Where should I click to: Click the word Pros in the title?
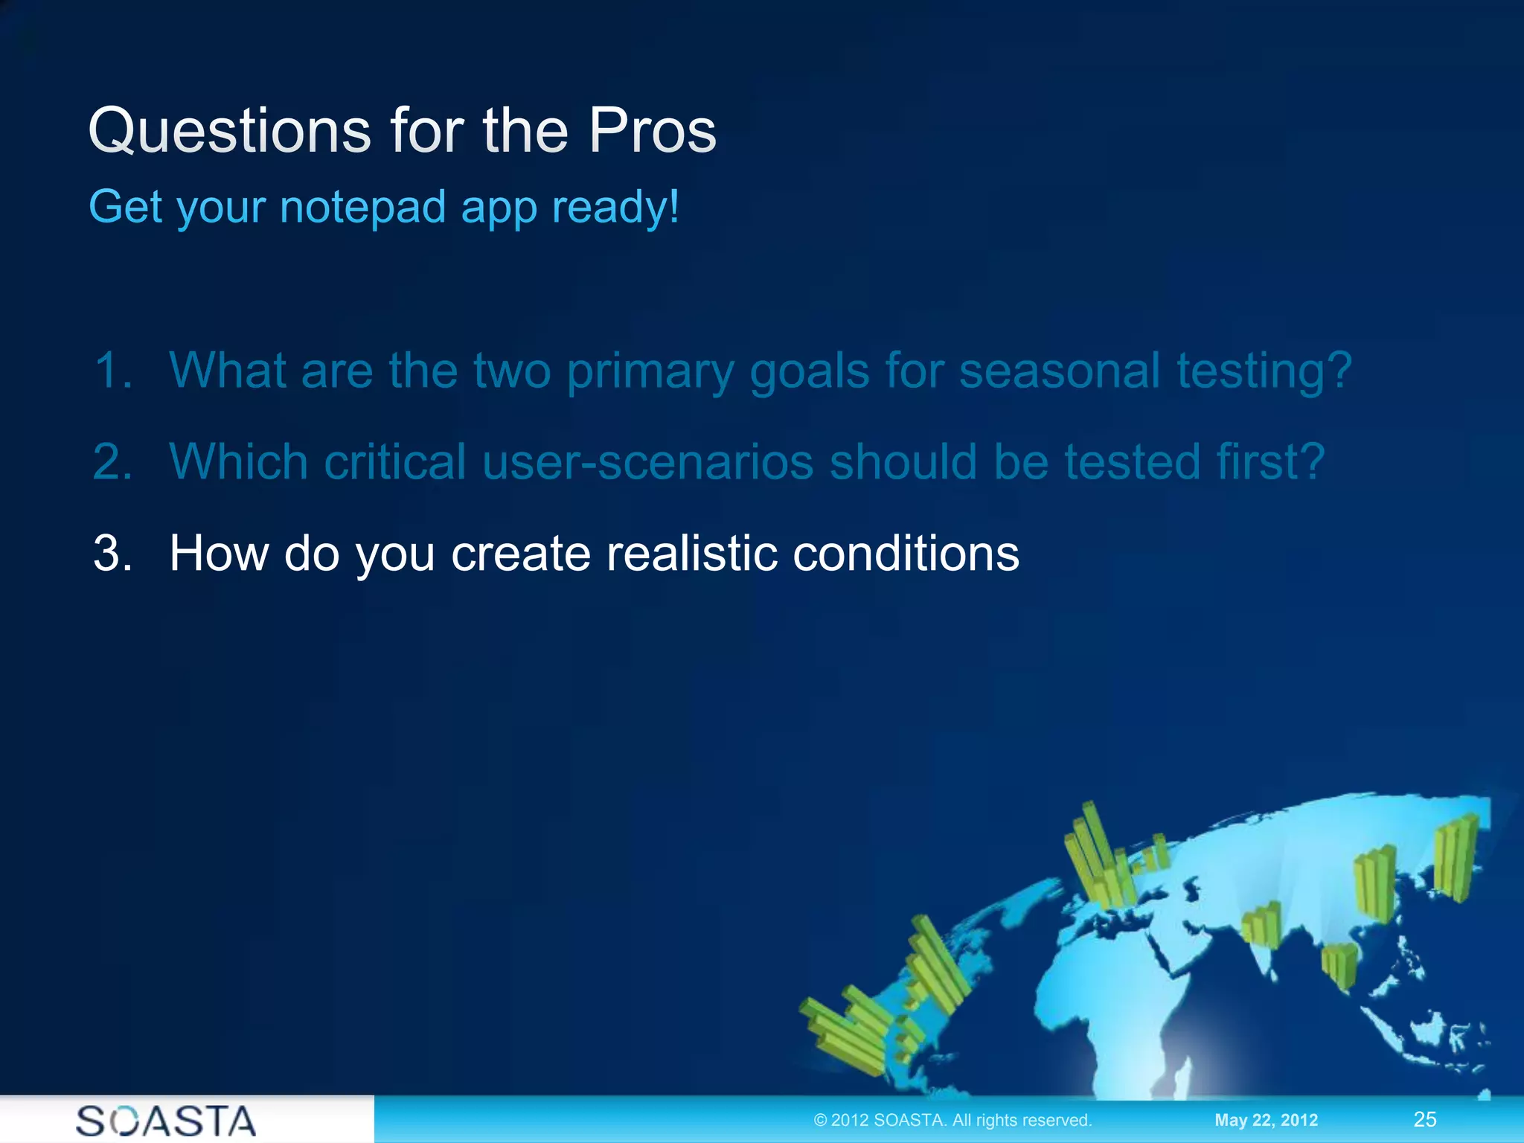[652, 131]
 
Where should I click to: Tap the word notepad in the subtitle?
[362, 207]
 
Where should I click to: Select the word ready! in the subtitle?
[615, 208]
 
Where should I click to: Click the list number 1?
[112, 370]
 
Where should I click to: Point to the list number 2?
[112, 461]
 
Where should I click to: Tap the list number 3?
[112, 553]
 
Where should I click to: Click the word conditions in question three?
[906, 553]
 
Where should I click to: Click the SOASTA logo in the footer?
[166, 1121]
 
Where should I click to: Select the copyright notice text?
[952, 1120]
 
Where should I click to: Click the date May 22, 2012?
[1266, 1120]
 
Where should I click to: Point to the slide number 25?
[1424, 1119]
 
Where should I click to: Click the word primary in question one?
[650, 371]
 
